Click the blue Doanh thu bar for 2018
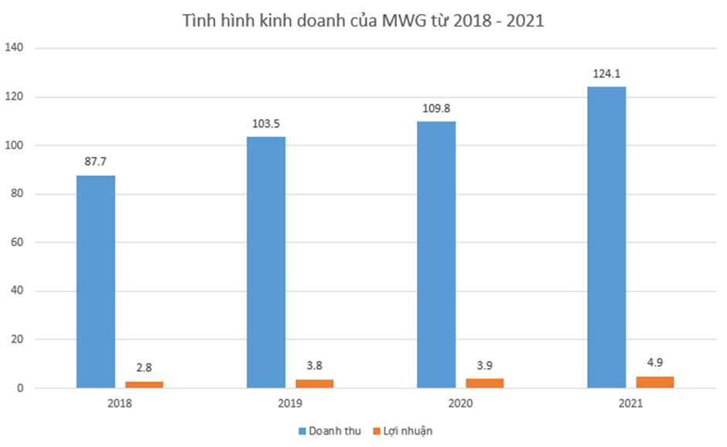tap(96, 282)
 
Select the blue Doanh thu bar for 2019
tap(266, 262)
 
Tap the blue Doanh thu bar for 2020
tap(436, 254)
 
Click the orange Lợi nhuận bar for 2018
tap(144, 384)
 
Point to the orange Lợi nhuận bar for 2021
tap(654, 382)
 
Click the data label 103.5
tap(266, 124)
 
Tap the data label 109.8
tap(436, 108)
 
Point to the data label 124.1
tap(606, 74)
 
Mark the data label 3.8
tap(314, 367)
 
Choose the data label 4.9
tap(654, 363)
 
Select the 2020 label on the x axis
tap(460, 403)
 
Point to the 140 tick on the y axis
tap(16, 48)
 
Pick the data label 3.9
tap(484, 366)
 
